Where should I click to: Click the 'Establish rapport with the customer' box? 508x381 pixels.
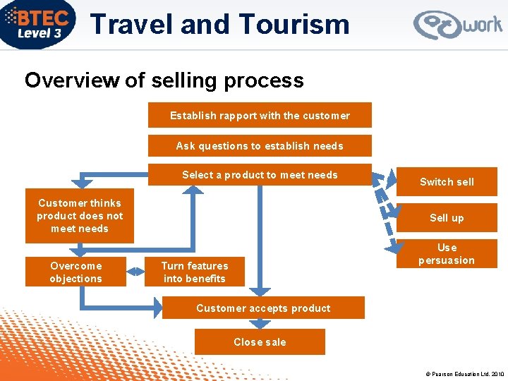(260, 116)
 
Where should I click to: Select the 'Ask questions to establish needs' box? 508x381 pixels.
(260, 146)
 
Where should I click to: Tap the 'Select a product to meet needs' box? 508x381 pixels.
(260, 175)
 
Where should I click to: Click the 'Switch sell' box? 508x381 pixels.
(447, 182)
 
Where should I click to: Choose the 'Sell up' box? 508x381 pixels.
(447, 218)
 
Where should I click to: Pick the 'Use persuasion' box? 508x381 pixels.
(447, 254)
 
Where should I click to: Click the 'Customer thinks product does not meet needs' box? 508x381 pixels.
(80, 216)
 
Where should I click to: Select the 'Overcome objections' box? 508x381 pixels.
(75, 272)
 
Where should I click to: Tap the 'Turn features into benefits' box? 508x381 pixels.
(194, 272)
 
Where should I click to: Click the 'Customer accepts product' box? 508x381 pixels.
(263, 308)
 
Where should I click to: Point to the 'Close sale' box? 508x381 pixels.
(260, 342)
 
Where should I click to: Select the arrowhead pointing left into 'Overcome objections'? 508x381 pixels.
(134, 271)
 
